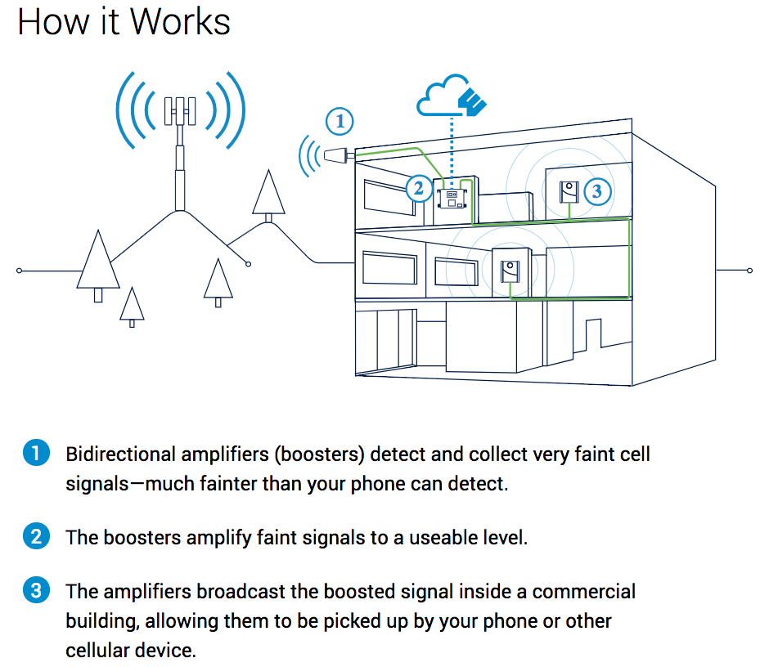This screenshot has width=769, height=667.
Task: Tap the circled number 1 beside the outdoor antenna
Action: pyautogui.click(x=340, y=123)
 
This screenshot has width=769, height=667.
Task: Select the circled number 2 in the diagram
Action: pyautogui.click(x=418, y=189)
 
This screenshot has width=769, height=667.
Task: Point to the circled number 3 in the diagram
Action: pyautogui.click(x=596, y=191)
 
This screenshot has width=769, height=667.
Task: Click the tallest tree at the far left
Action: pyautogui.click(x=97, y=262)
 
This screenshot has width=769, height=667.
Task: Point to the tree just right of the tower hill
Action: pyautogui.click(x=268, y=194)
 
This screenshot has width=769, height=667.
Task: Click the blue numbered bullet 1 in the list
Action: pyautogui.click(x=36, y=453)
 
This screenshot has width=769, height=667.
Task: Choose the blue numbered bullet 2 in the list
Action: pyautogui.click(x=36, y=538)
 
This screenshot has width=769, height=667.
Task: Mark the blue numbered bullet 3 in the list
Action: pyautogui.click(x=36, y=591)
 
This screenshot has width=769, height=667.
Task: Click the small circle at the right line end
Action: pyautogui.click(x=749, y=271)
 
